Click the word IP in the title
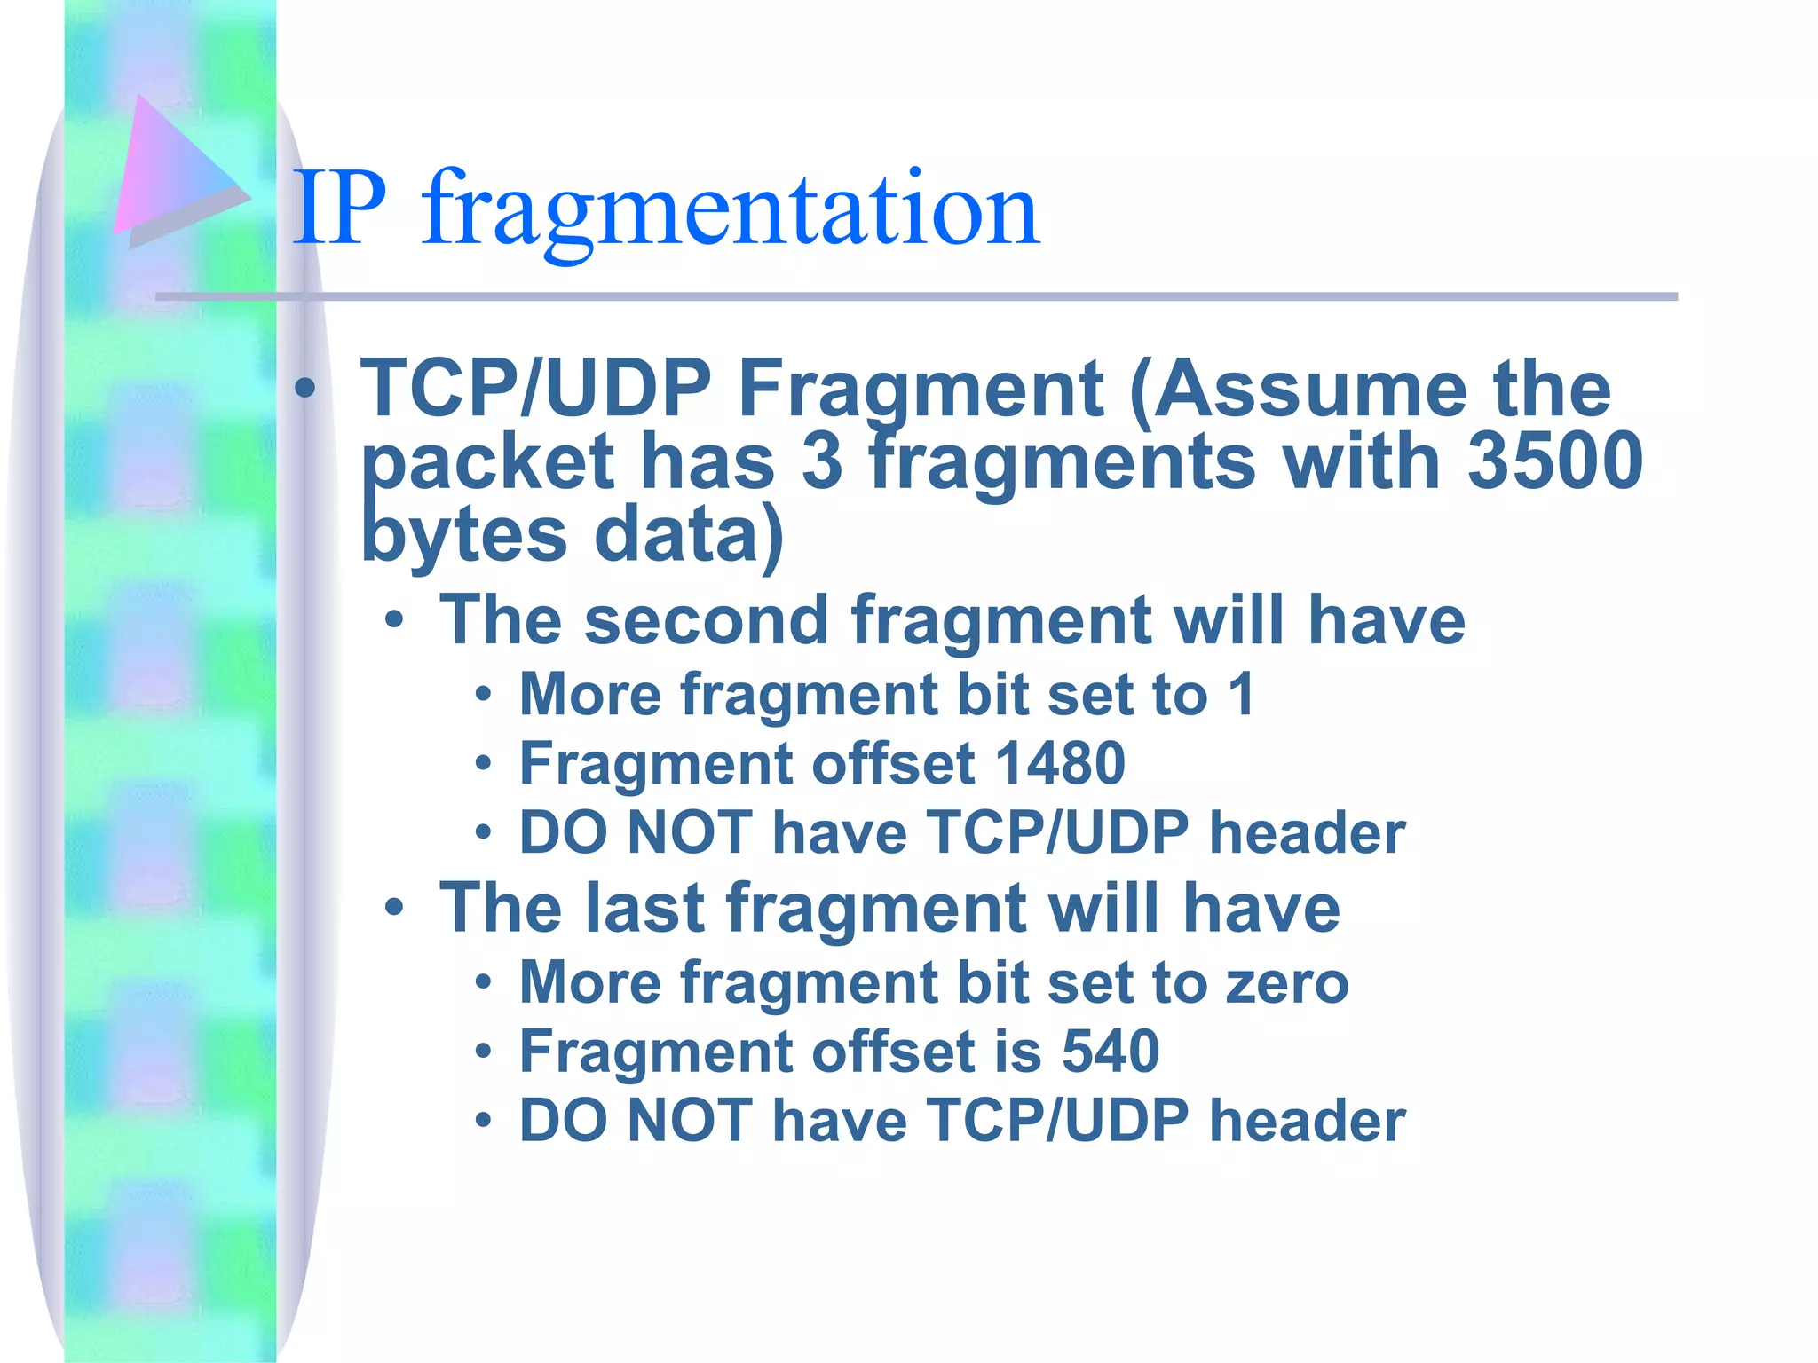point(340,209)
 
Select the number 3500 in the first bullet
point(1554,461)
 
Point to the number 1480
point(1060,763)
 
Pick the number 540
point(1111,1052)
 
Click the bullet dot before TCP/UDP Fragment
point(305,388)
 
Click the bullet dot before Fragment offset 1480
point(482,763)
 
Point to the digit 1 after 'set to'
point(1242,694)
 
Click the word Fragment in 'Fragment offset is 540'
point(655,1052)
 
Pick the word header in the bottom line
point(1308,1121)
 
